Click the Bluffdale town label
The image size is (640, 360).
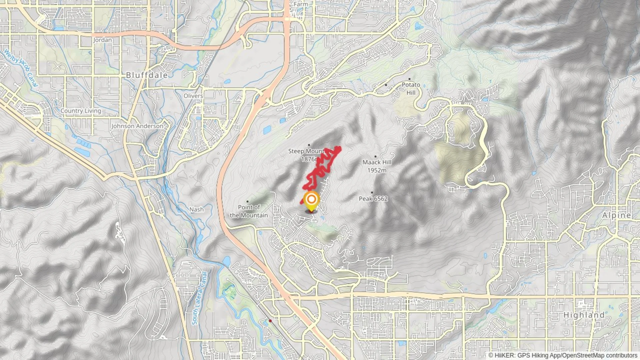click(147, 75)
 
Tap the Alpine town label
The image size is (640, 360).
click(616, 215)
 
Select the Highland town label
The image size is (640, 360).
click(584, 315)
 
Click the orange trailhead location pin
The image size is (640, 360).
click(311, 200)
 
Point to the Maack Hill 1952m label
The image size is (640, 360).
click(377, 166)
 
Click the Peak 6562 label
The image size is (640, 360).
click(373, 199)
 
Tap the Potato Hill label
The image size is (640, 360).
click(411, 88)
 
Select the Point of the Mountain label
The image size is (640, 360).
click(249, 211)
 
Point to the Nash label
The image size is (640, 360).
click(196, 209)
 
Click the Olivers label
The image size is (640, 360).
click(193, 96)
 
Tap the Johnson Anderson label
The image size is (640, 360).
click(137, 126)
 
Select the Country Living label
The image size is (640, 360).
click(81, 111)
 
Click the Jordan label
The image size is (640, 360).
click(102, 40)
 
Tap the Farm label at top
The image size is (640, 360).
click(301, 4)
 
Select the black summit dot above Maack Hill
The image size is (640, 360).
click(375, 156)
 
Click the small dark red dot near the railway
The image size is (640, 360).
click(270, 321)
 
